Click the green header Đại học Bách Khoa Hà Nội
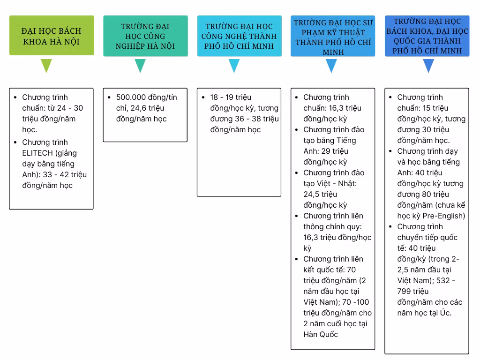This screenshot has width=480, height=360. point(52,36)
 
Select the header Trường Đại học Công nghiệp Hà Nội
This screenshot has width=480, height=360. point(145,36)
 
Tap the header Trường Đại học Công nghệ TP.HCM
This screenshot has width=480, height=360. point(239,36)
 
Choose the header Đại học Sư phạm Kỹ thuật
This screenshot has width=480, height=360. point(333,36)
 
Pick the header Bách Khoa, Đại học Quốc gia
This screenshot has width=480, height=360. point(427,36)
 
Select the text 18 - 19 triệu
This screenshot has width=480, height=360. point(231,97)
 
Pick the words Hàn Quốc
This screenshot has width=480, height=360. point(321,334)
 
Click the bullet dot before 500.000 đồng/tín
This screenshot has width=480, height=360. point(109,97)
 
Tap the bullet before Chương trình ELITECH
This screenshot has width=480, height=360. point(15,142)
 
